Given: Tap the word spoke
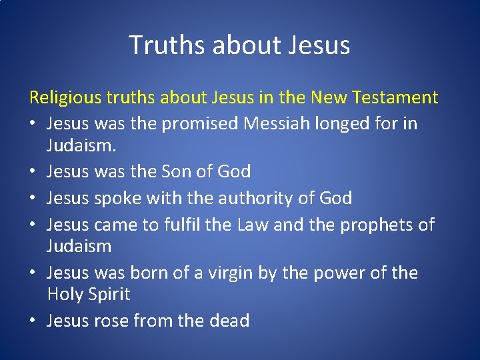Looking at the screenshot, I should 114,198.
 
